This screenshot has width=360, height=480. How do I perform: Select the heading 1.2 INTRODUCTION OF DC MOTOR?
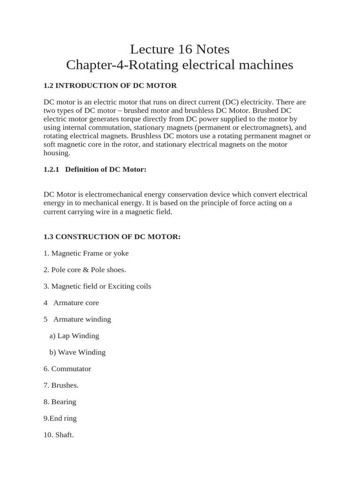pyautogui.click(x=110, y=85)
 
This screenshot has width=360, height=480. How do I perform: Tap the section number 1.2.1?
pyautogui.click(x=52, y=169)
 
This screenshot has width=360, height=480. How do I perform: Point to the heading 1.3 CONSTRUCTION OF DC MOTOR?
pyautogui.click(x=112, y=237)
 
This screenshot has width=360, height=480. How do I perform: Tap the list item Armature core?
pyautogui.click(x=76, y=303)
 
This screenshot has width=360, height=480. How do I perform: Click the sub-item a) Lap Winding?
pyautogui.click(x=74, y=336)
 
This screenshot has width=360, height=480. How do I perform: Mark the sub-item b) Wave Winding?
pyautogui.click(x=77, y=352)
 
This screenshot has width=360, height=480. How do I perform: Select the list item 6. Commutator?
pyautogui.click(x=67, y=368)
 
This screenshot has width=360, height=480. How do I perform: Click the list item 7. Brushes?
pyautogui.click(x=61, y=385)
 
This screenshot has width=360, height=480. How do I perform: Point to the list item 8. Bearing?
pyautogui.click(x=60, y=402)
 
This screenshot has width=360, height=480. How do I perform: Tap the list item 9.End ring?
pyautogui.click(x=60, y=418)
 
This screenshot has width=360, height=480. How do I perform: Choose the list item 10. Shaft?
pyautogui.click(x=59, y=435)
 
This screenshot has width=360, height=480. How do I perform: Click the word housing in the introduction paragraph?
pyautogui.click(x=57, y=153)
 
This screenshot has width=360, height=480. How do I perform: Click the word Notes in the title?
pyautogui.click(x=214, y=49)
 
